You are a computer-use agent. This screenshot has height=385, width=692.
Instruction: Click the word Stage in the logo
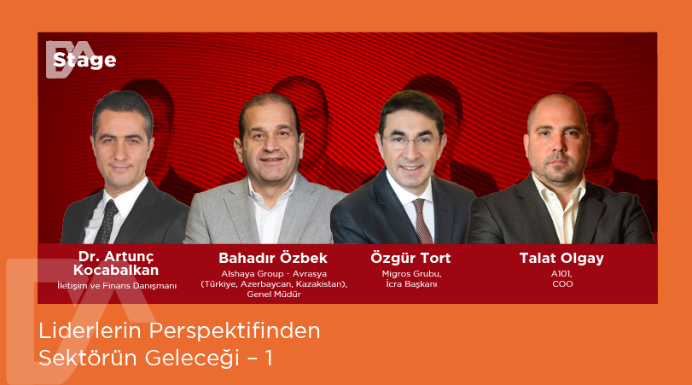pyautogui.click(x=84, y=61)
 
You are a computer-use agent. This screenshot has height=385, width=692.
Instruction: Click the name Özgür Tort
pyautogui.click(x=410, y=258)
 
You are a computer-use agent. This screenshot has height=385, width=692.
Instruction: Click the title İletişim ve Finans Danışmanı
pyautogui.click(x=117, y=286)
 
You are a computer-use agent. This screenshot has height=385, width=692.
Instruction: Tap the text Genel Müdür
pyautogui.click(x=273, y=294)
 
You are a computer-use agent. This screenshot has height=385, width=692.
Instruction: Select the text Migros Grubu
pyautogui.click(x=410, y=274)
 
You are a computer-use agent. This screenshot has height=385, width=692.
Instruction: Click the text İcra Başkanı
pyautogui.click(x=410, y=284)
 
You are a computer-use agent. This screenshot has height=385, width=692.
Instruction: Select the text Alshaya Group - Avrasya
pyautogui.click(x=273, y=274)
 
